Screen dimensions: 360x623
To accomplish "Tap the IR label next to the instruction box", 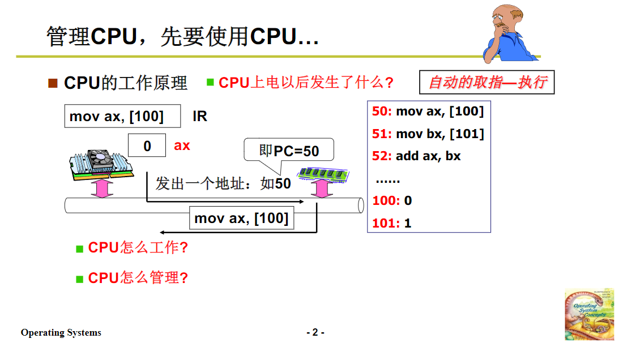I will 200,117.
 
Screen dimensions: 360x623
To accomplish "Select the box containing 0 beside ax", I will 147,145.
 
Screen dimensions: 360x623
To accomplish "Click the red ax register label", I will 182,145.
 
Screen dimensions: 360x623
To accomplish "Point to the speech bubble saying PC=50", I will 289,151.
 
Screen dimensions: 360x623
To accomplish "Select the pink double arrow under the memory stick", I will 321,189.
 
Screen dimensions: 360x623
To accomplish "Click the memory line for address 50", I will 428,112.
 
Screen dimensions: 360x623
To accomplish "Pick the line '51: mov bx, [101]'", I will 428,134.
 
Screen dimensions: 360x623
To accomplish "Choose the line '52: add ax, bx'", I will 416,156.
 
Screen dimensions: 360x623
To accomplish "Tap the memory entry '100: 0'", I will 392,200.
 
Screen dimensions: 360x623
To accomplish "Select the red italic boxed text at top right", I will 487,83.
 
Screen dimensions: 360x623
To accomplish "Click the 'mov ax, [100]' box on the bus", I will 241,218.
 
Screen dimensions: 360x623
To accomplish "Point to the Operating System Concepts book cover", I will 589,314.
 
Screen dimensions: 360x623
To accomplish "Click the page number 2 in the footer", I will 315,332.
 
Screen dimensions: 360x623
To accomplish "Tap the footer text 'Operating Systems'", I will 61,332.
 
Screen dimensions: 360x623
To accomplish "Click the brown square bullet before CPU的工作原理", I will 53,83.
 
